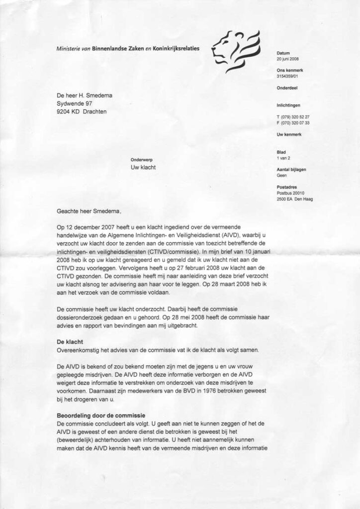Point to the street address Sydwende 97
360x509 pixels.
coord(75,103)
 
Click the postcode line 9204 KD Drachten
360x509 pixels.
coord(82,112)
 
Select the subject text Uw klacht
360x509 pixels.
coord(143,168)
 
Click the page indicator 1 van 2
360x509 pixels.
coord(284,158)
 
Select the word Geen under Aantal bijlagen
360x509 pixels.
coord(282,175)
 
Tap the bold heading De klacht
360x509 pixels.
coord(71,342)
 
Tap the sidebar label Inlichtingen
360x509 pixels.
coord(290,105)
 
